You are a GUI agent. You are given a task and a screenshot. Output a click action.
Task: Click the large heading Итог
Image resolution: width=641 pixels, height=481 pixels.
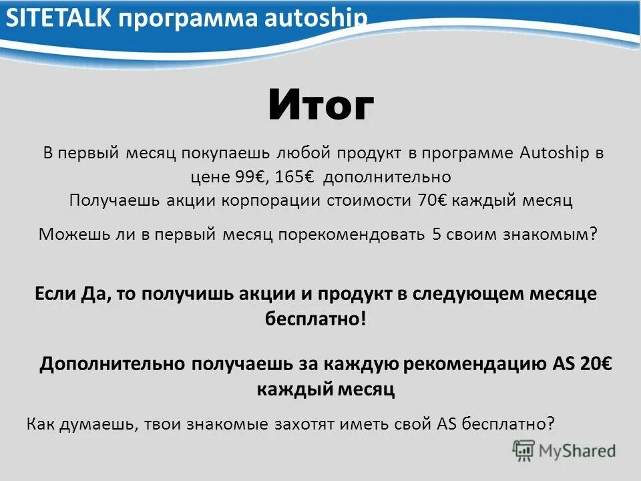click(321, 106)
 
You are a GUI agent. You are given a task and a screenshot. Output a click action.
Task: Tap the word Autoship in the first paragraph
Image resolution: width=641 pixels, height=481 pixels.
click(554, 153)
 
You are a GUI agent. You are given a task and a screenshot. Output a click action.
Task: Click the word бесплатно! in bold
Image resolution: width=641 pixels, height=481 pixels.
click(316, 319)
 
